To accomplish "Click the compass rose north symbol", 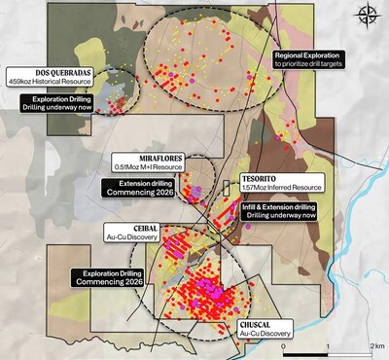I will pyautogui.click(x=367, y=15).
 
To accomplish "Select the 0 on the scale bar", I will pyautogui.click(x=282, y=347).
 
